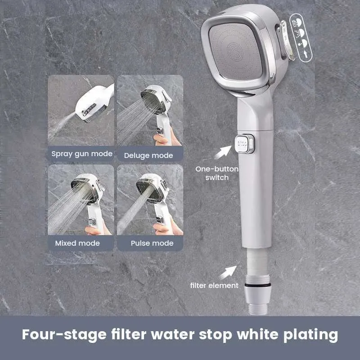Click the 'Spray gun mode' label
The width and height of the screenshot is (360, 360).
tap(82, 154)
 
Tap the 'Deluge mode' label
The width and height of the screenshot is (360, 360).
tap(148, 155)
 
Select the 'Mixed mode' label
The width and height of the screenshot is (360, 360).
tap(77, 243)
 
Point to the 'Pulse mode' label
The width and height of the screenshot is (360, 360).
tap(152, 243)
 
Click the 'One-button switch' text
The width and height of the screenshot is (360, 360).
tap(217, 173)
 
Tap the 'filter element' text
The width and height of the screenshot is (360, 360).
tap(214, 285)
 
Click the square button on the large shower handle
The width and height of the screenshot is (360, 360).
tap(244, 144)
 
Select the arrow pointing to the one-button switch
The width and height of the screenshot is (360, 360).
tap(223, 152)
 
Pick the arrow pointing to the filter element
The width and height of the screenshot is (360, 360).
tap(228, 273)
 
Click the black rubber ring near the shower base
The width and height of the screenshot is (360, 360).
tap(257, 285)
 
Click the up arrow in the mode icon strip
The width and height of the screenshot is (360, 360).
tap(306, 54)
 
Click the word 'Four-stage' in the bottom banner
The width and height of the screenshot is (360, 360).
tap(64, 334)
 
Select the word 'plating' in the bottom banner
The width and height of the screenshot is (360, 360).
tap(310, 335)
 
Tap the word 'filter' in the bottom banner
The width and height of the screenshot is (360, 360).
tap(129, 334)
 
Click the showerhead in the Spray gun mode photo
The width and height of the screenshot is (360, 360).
tap(94, 102)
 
